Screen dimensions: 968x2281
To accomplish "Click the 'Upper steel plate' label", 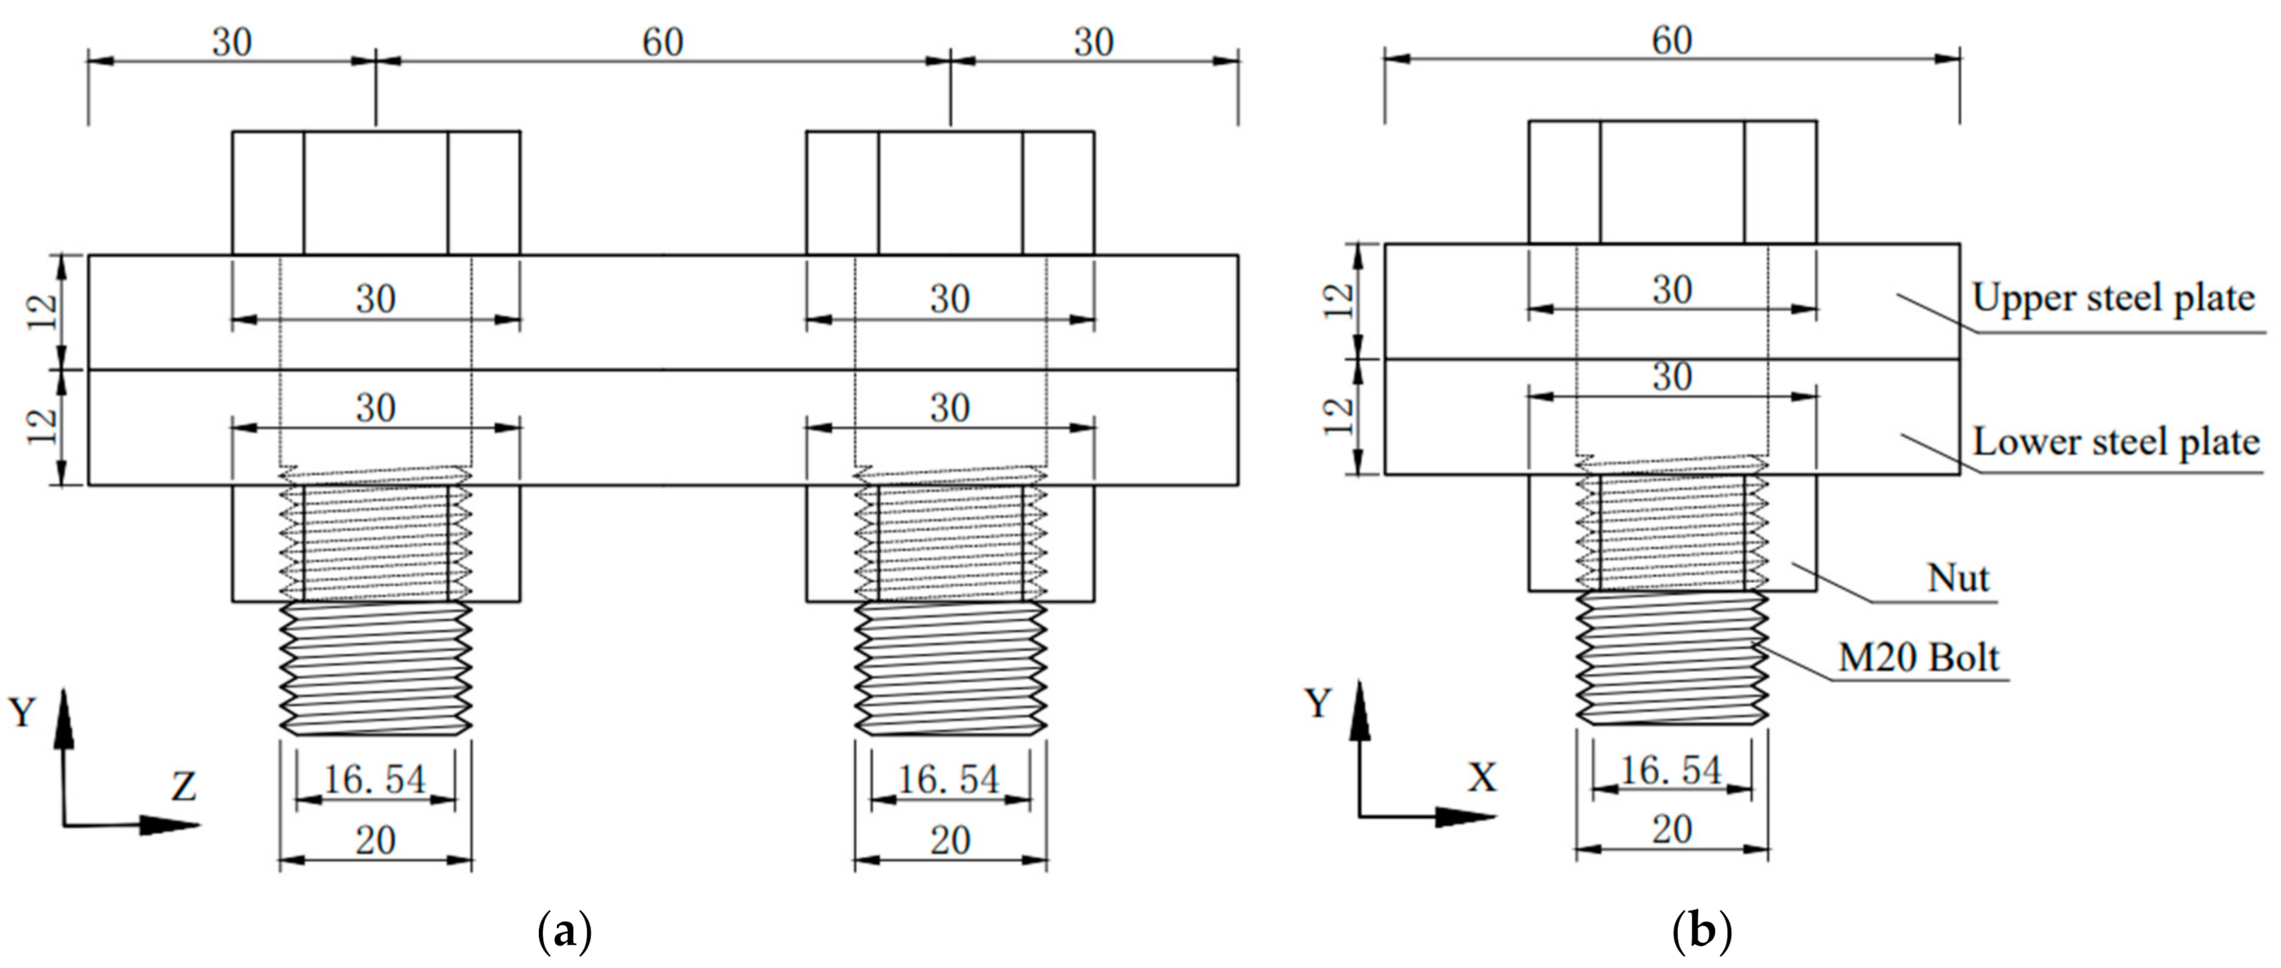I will point(2113,298).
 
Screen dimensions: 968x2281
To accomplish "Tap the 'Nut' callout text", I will point(1958,578).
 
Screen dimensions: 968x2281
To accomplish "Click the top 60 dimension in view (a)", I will point(662,43).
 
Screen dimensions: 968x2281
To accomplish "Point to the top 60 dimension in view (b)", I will point(1672,41).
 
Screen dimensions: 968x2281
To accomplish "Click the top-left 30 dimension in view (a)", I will point(231,43).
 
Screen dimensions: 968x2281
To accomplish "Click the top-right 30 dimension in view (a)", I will point(1093,43).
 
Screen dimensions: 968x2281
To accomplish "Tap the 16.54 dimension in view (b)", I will point(1671,770).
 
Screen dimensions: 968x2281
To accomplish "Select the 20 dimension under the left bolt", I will point(376,840).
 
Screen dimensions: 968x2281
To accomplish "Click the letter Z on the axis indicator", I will point(183,785).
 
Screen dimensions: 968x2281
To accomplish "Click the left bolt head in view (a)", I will point(376,193).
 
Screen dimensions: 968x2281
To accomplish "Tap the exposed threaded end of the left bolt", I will point(376,669).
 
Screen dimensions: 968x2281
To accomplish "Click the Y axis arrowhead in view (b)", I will point(1359,709).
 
